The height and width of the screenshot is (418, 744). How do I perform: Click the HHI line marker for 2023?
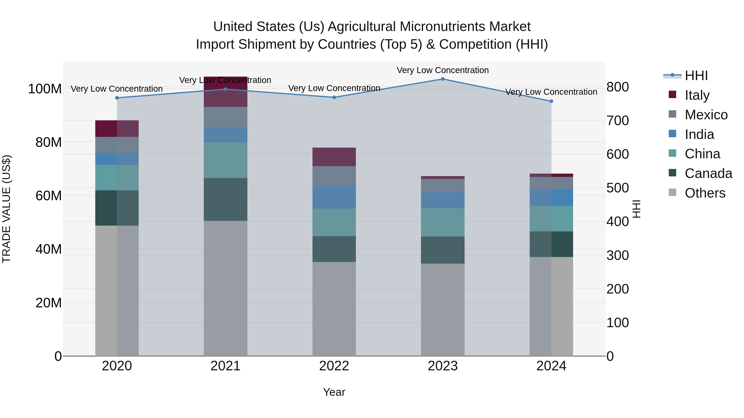pyautogui.click(x=442, y=79)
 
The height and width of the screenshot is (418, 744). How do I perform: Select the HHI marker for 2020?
pyautogui.click(x=117, y=98)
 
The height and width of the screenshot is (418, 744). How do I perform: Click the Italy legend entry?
pyautogui.click(x=697, y=95)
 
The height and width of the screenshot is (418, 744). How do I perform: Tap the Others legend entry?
pyautogui.click(x=705, y=193)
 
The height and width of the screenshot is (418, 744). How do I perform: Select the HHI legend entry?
pyautogui.click(x=696, y=76)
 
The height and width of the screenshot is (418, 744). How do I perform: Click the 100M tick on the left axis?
pyautogui.click(x=45, y=89)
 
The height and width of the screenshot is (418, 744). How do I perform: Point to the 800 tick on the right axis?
pyautogui.click(x=618, y=87)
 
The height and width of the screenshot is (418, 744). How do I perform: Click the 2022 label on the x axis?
pyautogui.click(x=334, y=366)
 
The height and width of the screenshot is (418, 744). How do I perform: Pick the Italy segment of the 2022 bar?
pyautogui.click(x=334, y=157)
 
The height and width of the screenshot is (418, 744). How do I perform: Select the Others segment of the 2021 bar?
pyautogui.click(x=225, y=289)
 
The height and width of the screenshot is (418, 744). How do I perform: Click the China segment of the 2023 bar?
pyautogui.click(x=442, y=222)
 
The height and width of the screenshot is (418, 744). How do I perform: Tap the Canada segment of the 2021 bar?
pyautogui.click(x=225, y=199)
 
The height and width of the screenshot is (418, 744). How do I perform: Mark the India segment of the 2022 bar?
pyautogui.click(x=334, y=197)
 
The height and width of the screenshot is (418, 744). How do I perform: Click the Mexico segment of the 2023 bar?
pyautogui.click(x=442, y=186)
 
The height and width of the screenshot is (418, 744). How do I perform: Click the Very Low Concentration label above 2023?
pyautogui.click(x=442, y=70)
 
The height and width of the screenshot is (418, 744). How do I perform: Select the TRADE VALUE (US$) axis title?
pyautogui.click(x=6, y=209)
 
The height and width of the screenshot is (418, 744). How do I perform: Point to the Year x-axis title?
pyautogui.click(x=334, y=392)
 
